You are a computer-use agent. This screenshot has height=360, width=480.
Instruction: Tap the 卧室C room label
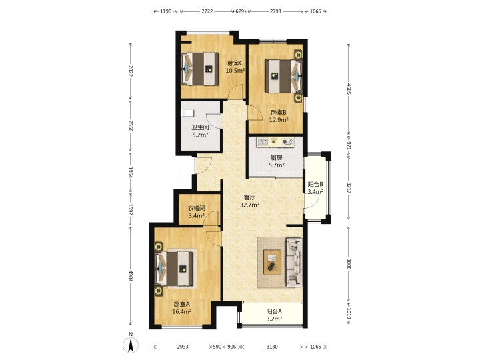tap(235, 63)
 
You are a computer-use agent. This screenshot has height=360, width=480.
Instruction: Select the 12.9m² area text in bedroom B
tap(279, 120)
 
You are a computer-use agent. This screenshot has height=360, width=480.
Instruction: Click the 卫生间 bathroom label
tap(200, 127)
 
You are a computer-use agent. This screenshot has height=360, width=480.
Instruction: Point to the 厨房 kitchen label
tap(277, 158)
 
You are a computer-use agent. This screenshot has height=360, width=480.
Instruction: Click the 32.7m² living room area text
tap(250, 205)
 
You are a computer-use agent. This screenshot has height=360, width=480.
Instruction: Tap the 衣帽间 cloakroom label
tap(196, 209)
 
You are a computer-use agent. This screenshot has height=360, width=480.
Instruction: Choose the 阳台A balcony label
tap(274, 311)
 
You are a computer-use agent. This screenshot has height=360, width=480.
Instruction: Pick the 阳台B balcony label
tap(315, 185)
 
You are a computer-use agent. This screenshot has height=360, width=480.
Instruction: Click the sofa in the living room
tap(294, 263)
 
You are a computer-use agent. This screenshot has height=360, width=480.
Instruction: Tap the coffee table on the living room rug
tap(272, 262)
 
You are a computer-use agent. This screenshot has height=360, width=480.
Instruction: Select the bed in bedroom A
tap(175, 269)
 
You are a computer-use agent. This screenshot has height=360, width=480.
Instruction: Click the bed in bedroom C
tap(200, 69)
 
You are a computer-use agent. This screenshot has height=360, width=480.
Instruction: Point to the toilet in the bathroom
tap(187, 113)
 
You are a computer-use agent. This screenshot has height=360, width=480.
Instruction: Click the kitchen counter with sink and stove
tap(276, 142)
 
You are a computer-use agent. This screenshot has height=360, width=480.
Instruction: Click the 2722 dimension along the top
tap(207, 11)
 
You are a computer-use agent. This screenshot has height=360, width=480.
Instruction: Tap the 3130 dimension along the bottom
tap(272, 347)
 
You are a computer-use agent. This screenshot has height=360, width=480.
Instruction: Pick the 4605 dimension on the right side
tap(349, 88)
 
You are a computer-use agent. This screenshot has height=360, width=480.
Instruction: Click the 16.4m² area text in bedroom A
tap(182, 311)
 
